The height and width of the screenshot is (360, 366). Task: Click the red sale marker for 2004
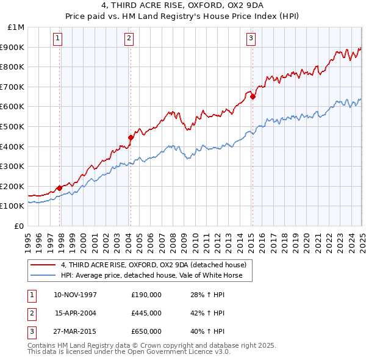[x=131, y=137]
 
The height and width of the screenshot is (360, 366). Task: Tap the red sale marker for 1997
[x=59, y=188]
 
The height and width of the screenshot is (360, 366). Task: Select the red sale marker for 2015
[x=253, y=96]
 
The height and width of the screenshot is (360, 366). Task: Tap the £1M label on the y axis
[x=16, y=27]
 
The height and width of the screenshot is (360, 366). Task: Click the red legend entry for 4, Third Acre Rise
[x=153, y=265]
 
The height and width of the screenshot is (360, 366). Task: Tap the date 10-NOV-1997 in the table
[x=76, y=295]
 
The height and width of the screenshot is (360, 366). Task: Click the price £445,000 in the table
[x=146, y=313]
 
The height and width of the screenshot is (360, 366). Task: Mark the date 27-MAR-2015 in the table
[x=76, y=331]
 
